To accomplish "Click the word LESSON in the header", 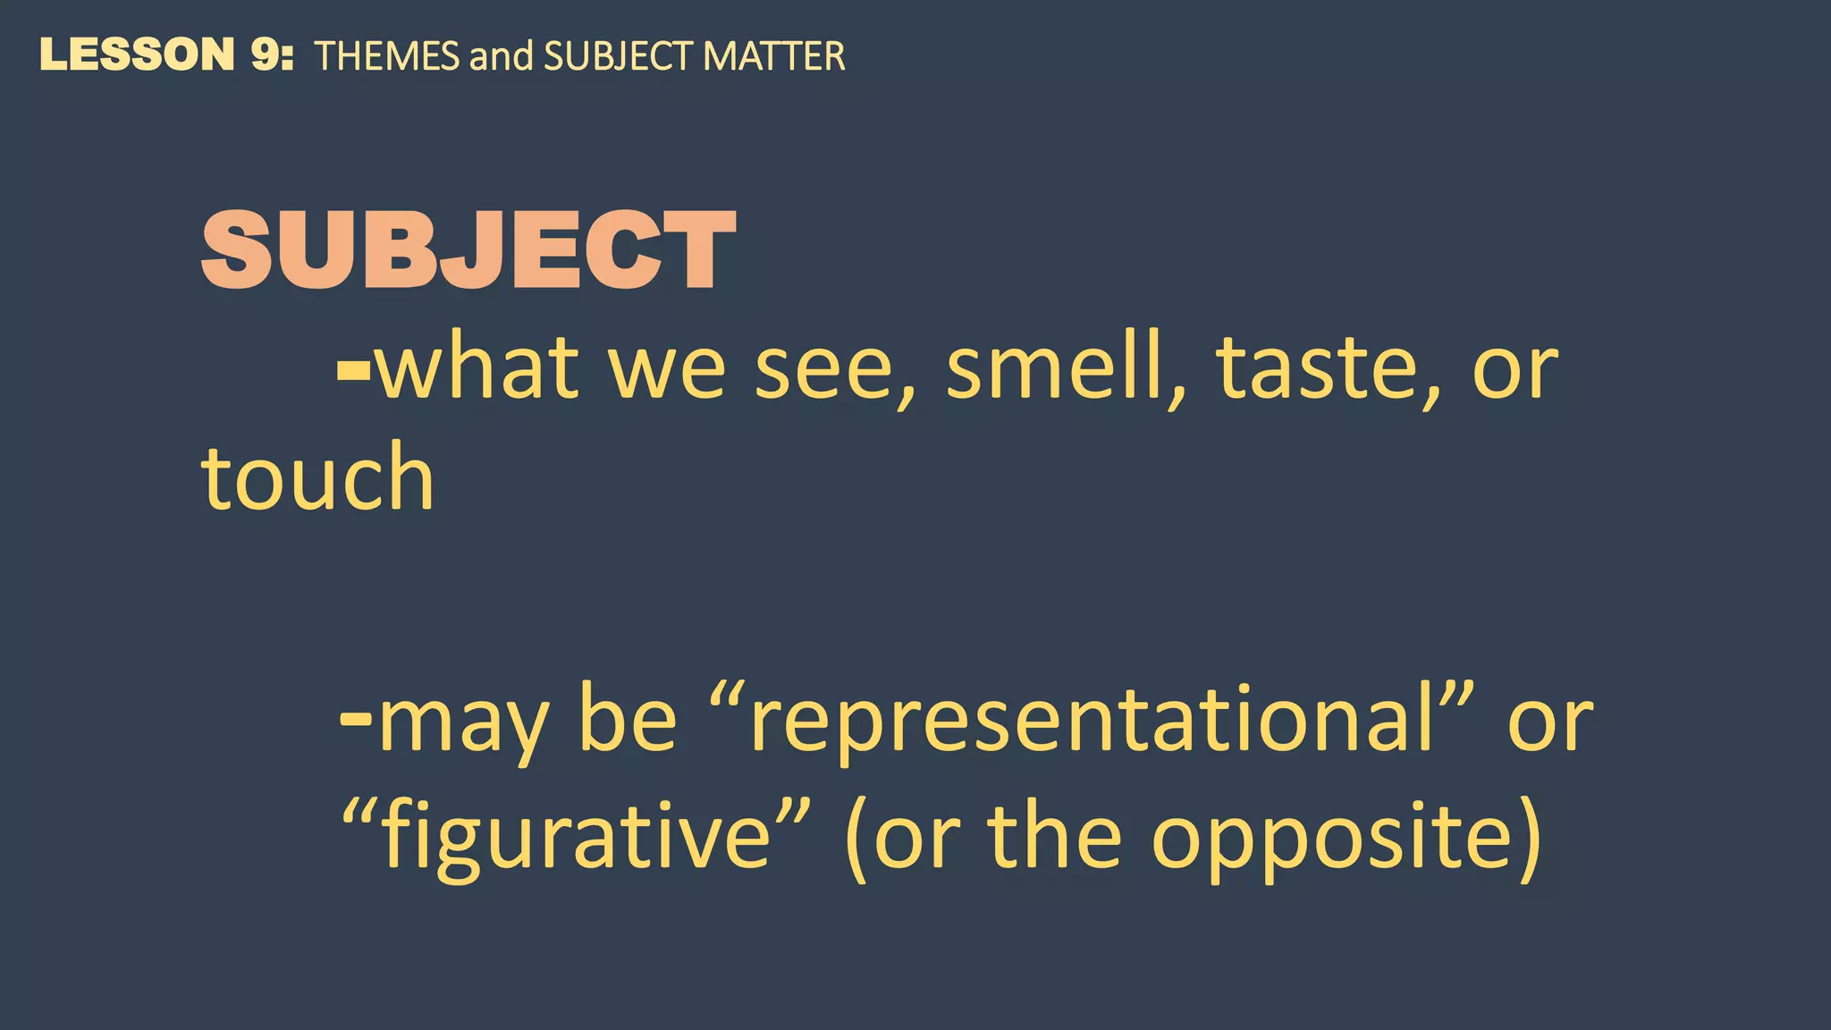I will click(137, 55).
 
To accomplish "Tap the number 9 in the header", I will click(266, 55).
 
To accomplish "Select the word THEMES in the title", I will click(387, 56).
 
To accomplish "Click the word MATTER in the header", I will click(773, 56).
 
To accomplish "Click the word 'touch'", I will click(317, 478).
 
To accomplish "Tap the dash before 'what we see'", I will click(353, 369).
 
